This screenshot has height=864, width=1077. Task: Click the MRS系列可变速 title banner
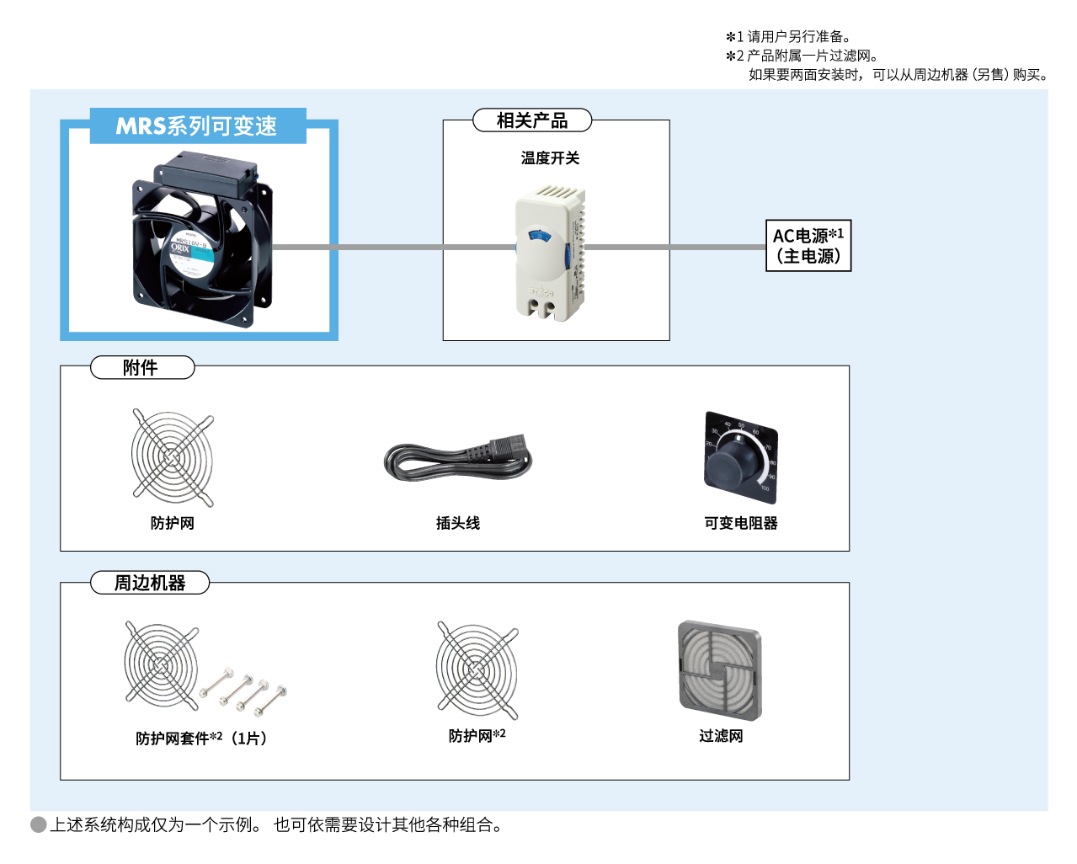[197, 125]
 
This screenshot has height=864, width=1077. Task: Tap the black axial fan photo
[201, 240]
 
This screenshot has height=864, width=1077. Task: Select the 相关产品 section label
[532, 120]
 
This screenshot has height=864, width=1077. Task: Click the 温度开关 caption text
[550, 158]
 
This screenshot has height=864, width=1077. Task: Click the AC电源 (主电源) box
[808, 246]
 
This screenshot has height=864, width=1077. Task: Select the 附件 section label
[141, 368]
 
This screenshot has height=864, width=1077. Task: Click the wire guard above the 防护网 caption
[173, 458]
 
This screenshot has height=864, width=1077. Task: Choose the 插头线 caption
[457, 523]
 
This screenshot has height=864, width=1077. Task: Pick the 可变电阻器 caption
[741, 523]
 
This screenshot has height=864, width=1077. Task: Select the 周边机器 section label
[150, 583]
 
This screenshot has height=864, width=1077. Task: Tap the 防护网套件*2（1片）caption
[201, 739]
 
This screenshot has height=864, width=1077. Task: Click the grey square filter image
[720, 671]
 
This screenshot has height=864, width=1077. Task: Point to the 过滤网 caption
[721, 736]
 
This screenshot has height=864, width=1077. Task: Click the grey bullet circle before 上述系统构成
[39, 824]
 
